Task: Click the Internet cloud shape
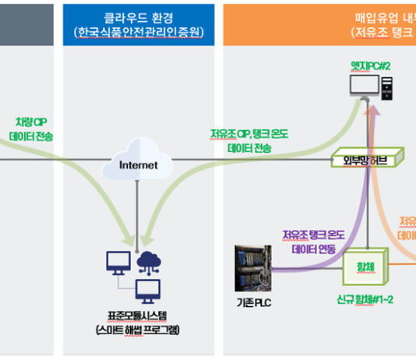pos(138,160)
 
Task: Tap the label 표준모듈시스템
pos(137,316)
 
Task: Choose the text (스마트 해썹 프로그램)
pos(137,330)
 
